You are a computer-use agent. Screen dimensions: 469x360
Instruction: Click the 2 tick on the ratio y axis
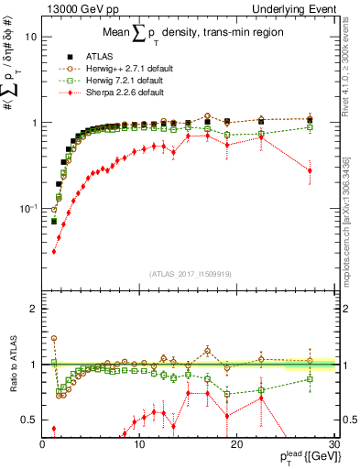click(x=32, y=309)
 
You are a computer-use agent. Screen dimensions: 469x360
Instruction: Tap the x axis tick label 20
click(x=235, y=444)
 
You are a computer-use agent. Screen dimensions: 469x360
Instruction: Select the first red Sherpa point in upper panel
click(x=53, y=251)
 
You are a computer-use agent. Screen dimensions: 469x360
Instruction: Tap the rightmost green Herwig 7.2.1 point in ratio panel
click(x=311, y=378)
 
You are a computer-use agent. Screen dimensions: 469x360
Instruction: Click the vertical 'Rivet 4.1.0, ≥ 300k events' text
click(x=351, y=82)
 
